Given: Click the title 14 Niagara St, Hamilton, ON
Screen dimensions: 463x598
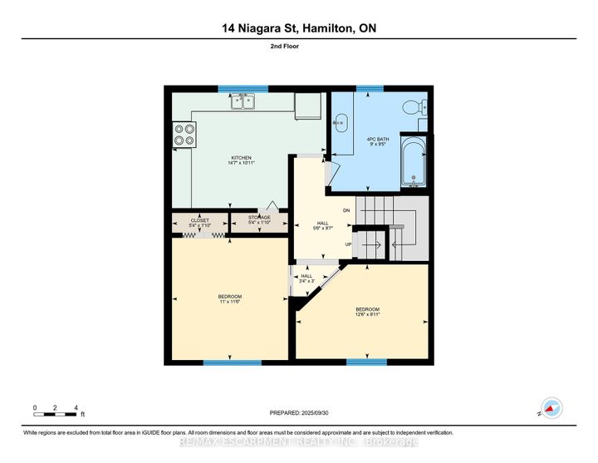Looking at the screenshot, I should pos(299,29).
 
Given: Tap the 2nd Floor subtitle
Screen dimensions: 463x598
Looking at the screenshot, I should pos(299,47).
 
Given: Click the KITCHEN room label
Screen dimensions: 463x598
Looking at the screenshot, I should pos(242,161).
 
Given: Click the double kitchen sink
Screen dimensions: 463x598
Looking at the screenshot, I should pos(243,102).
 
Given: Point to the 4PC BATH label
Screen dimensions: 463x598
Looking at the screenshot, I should pos(377,141).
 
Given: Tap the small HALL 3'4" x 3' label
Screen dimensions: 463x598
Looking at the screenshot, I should pos(306,278).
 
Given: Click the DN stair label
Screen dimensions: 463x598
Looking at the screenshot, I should pos(347,211).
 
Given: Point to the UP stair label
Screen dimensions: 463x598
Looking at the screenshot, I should pos(349,244).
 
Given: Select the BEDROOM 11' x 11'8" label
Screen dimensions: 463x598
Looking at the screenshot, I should pos(229,299).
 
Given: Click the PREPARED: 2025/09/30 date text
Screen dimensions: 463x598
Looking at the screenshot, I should pos(299,413).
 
